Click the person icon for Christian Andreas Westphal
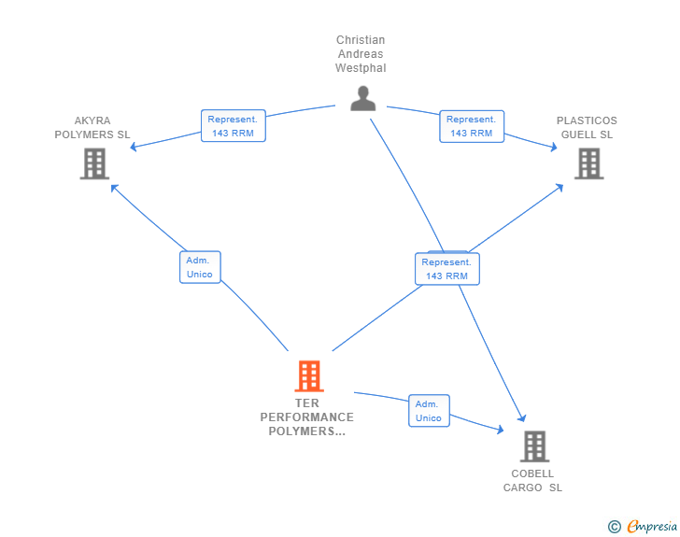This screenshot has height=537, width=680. tap(362, 98)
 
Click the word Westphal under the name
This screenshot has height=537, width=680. tap(361, 68)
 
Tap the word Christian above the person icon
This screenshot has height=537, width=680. tap(361, 40)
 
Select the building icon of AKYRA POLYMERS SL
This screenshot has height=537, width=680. tap(94, 163)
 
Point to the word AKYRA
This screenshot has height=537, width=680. tap(92, 120)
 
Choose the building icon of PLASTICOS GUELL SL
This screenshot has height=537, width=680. tap(588, 163)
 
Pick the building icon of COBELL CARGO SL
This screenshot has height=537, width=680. tap(534, 445)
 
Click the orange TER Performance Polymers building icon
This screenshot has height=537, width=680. tap(309, 375)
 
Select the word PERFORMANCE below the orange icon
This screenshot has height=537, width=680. tap(306, 417)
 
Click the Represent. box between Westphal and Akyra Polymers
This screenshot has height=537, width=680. tap(234, 126)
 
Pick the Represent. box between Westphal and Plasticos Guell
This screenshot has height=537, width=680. tap(472, 126)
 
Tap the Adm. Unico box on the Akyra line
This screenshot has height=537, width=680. tap(199, 267)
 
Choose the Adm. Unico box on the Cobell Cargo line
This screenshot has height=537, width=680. tap(429, 411)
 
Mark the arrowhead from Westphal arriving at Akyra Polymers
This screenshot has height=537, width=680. tap(134, 148)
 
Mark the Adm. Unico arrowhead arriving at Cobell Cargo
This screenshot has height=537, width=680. tap(500, 430)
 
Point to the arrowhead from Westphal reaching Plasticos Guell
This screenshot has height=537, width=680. tap(553, 147)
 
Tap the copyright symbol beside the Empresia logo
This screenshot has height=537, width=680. tap(615, 527)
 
